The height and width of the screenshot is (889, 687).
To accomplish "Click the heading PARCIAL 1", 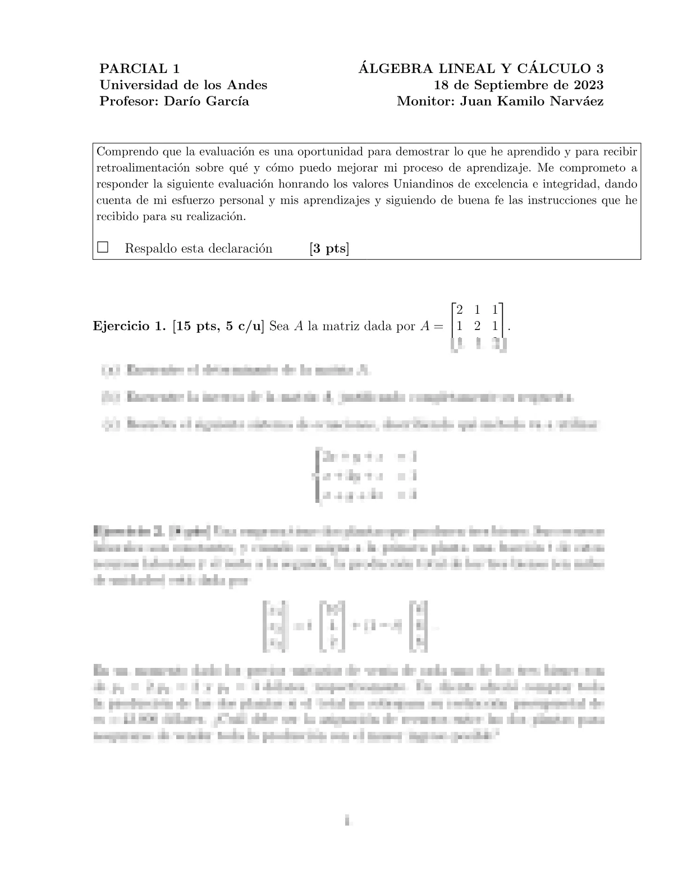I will [139, 69].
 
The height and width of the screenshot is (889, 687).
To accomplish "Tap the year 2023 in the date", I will [588, 85].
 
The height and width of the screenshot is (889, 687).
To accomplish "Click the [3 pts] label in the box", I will [329, 249].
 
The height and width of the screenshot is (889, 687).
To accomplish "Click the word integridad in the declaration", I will [580, 184].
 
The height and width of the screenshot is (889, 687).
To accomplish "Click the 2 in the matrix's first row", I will [460, 309].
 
